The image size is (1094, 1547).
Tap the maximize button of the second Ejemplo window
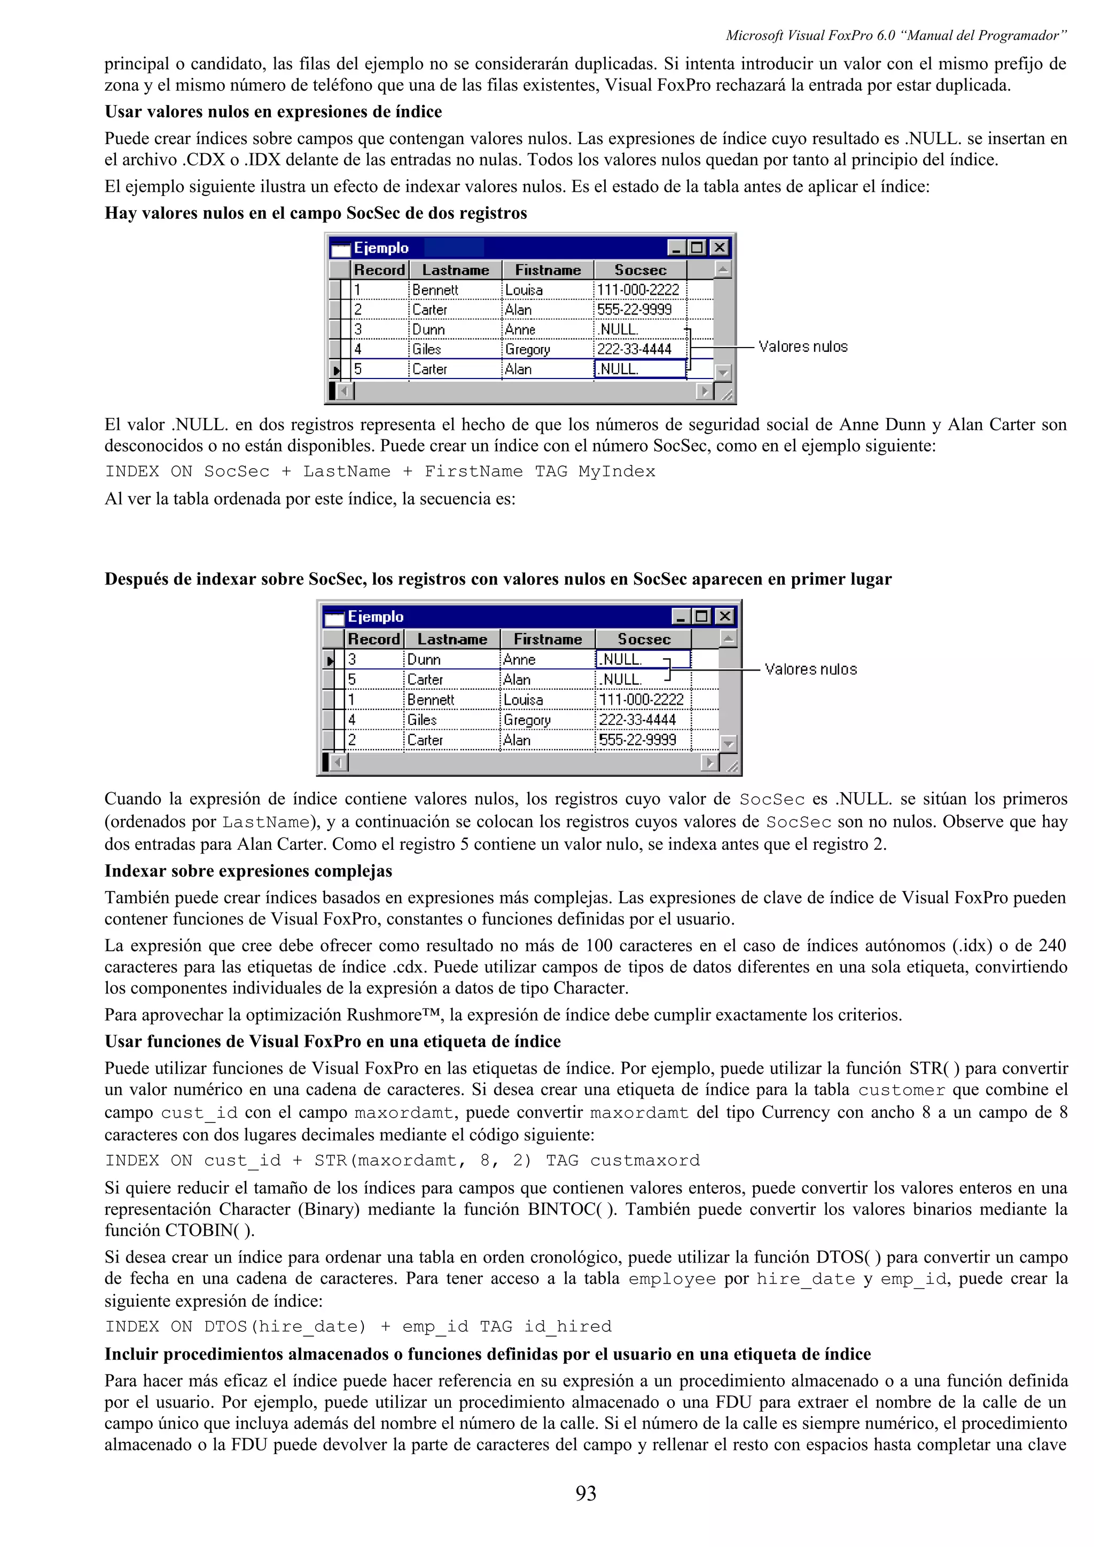(x=702, y=616)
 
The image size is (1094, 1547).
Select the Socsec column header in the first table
(x=640, y=270)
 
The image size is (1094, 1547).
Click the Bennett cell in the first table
(x=435, y=290)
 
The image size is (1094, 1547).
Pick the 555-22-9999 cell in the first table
(x=634, y=309)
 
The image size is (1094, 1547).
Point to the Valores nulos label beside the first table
(x=802, y=347)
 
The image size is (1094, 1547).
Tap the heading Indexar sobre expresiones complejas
(x=248, y=871)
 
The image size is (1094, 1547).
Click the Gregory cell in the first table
(x=527, y=349)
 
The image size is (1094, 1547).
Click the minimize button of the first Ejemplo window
(x=676, y=248)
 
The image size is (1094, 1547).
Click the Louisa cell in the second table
(x=523, y=699)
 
